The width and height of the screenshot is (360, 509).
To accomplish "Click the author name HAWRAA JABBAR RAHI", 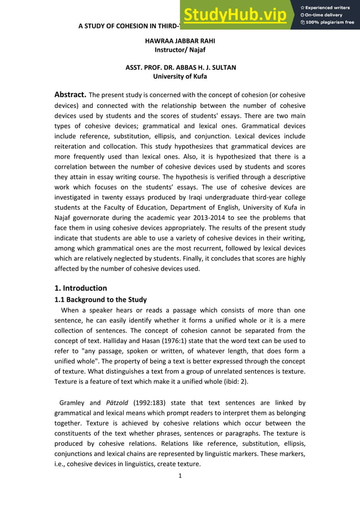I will (x=180, y=41).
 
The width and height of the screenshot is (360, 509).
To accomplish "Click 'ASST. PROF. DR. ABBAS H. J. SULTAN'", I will (x=180, y=67).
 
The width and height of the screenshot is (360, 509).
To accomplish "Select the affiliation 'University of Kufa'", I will (x=180, y=76).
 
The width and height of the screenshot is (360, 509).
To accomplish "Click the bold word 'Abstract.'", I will (x=70, y=94).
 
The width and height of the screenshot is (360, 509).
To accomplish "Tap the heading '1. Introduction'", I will (x=81, y=288).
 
